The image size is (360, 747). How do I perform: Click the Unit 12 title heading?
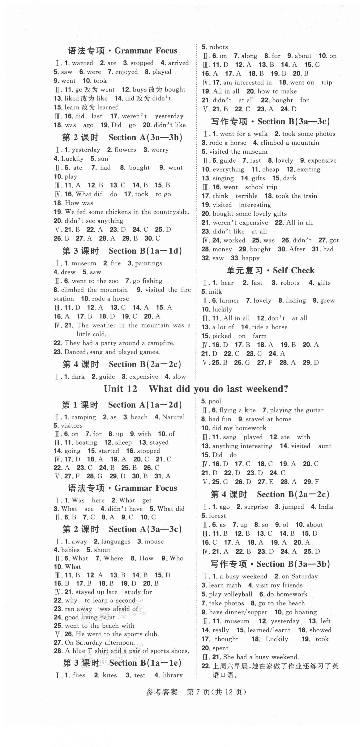196,389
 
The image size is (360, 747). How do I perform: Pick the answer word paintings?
148,263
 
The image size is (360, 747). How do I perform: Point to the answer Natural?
173,417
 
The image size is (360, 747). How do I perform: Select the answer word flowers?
125,150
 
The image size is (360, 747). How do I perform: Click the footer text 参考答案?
162,692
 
